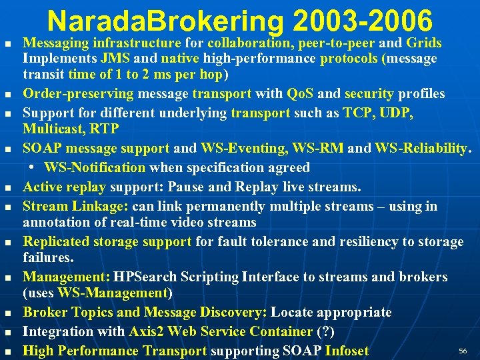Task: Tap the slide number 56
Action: pyautogui.click(x=463, y=351)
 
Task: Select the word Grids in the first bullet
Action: pyautogui.click(x=423, y=43)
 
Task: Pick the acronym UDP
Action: pyautogui.click(x=399, y=113)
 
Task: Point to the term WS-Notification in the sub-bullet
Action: pyautogui.click(x=95, y=167)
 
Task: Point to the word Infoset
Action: pyautogui.click(x=347, y=351)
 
